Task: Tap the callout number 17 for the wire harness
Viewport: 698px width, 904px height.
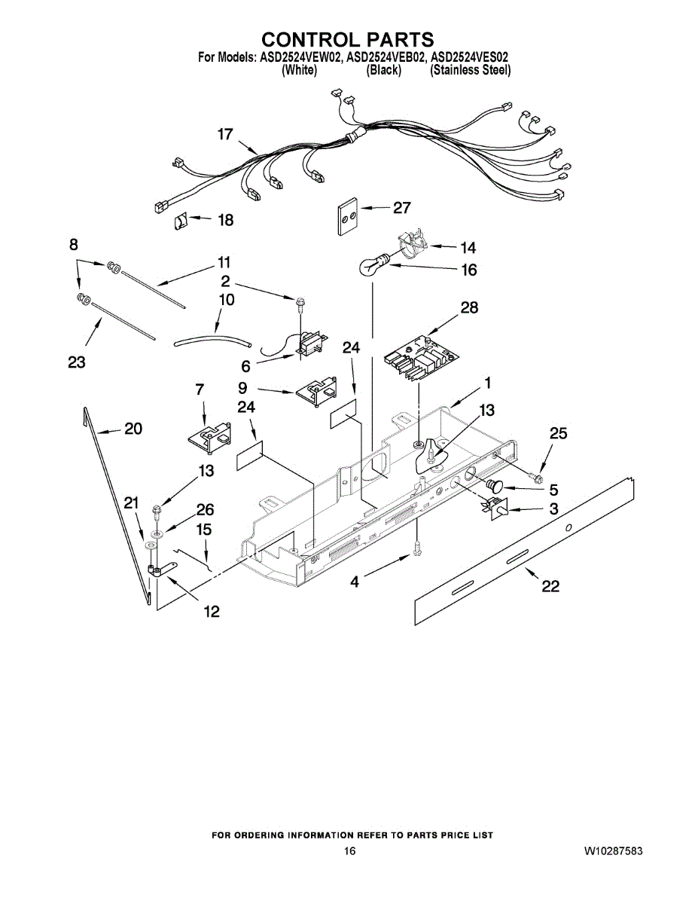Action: (225, 134)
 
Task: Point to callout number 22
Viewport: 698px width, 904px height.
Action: (551, 586)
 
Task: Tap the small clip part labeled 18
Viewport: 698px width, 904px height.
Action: (182, 221)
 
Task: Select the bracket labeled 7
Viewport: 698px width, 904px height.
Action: (207, 439)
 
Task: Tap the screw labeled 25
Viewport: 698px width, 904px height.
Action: (537, 477)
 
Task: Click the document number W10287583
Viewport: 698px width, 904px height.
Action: (613, 851)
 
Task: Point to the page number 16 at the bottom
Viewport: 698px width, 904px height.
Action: (349, 851)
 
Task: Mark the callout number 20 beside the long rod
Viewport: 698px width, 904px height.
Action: (133, 429)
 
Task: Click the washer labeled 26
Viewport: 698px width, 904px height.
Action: (157, 533)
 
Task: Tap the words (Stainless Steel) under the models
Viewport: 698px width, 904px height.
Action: (470, 70)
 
